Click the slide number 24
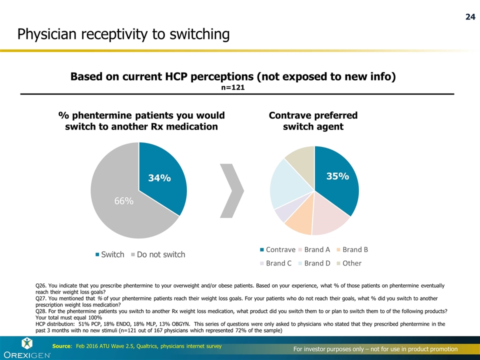point(470,17)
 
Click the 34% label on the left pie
point(159,178)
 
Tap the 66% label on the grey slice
point(123,201)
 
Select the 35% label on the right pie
point(337,176)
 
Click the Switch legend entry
point(109,254)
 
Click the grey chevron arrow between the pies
point(232,190)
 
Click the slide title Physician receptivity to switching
point(123,34)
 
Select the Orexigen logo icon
point(27,343)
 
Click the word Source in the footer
point(62,346)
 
